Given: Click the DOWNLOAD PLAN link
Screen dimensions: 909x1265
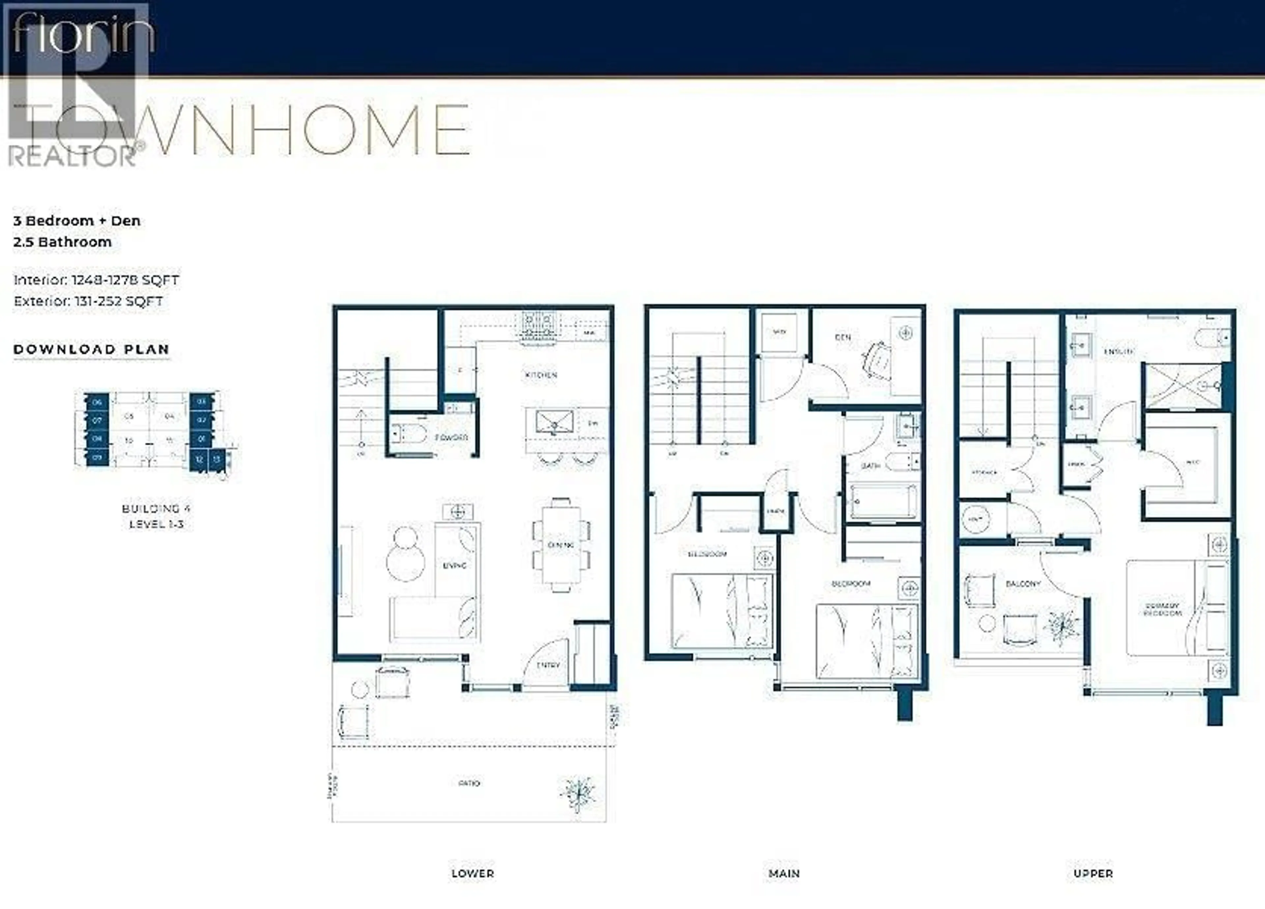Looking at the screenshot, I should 92,349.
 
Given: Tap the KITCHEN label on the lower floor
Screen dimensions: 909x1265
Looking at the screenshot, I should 541,375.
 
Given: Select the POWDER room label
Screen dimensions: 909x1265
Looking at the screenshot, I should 451,438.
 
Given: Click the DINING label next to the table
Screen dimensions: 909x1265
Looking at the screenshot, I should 561,545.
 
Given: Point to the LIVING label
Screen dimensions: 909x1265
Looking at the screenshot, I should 455,566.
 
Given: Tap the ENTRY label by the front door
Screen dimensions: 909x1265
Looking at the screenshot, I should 548,665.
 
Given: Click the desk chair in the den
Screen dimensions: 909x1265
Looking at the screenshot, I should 877,361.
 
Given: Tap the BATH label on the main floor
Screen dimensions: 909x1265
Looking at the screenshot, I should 871,466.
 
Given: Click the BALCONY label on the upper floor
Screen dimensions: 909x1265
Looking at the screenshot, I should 1023,583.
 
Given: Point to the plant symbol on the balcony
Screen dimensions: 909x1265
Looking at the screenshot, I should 1064,627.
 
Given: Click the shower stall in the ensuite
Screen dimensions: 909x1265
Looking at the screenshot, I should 1181,386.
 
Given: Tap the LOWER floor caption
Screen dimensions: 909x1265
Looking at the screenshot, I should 472,873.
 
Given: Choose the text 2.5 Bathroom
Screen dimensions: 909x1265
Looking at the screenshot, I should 63,242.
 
